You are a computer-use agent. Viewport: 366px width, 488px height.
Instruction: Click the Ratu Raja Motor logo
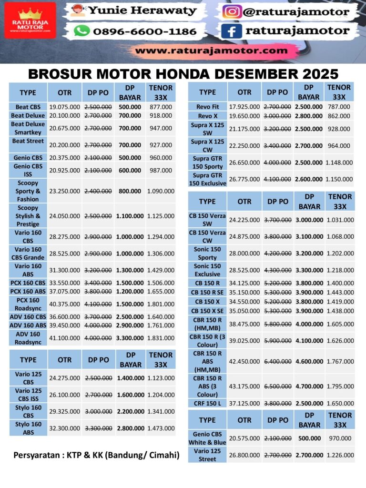pos(30,20)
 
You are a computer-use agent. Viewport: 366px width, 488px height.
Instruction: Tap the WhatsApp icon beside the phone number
pos(82,31)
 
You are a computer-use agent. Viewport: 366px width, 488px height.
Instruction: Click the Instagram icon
pos(232,11)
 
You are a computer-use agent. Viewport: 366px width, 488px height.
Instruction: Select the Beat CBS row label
pos(28,107)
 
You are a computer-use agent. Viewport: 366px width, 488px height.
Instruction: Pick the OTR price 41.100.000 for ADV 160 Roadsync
pos(65,338)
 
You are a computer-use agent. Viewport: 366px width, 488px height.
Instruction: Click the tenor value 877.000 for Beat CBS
pos(161,107)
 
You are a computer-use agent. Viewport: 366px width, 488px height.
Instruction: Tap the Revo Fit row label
pos(207,107)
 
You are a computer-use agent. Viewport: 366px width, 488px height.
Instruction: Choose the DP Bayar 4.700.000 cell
pos(309,386)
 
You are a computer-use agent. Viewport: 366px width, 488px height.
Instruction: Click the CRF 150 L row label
pos(207,403)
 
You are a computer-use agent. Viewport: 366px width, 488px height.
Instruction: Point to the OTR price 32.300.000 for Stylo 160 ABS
pos(65,428)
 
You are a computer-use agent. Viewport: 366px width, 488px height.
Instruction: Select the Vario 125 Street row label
pos(207,455)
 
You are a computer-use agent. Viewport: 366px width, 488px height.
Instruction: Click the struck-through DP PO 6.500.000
pos(277,386)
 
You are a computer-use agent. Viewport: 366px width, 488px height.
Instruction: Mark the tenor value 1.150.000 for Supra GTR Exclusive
pos(339,179)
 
